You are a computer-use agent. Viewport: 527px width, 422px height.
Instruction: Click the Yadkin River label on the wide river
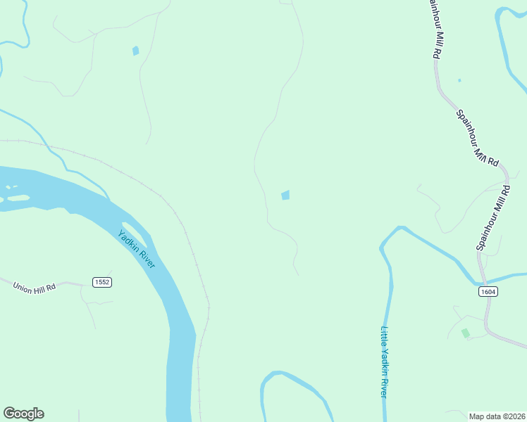tap(137, 249)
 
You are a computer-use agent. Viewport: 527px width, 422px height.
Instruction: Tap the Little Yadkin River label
tap(385, 362)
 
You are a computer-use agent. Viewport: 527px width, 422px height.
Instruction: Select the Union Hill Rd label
tap(33, 286)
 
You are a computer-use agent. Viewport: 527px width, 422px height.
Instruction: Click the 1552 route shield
tap(102, 282)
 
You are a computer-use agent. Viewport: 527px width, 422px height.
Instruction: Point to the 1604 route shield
tap(488, 291)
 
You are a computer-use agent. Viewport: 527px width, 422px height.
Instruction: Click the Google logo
tap(23, 414)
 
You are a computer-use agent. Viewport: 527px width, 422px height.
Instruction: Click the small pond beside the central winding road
tap(285, 195)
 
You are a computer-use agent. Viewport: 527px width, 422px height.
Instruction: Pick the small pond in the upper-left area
tap(135, 51)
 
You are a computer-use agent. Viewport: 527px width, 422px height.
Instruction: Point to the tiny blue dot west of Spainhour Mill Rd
tap(459, 80)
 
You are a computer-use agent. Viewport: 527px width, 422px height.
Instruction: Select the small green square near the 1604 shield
tap(465, 333)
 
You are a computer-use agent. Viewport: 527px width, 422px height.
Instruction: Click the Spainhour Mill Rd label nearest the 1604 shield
tap(493, 217)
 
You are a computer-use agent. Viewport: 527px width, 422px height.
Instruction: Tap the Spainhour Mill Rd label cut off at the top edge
tap(432, 28)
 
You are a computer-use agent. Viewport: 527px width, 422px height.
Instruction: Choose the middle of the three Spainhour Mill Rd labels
tap(477, 138)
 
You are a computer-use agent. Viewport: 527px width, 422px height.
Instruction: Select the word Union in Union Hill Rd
tap(22, 283)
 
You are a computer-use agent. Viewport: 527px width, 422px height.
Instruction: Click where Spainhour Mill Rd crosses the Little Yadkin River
tap(481, 276)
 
